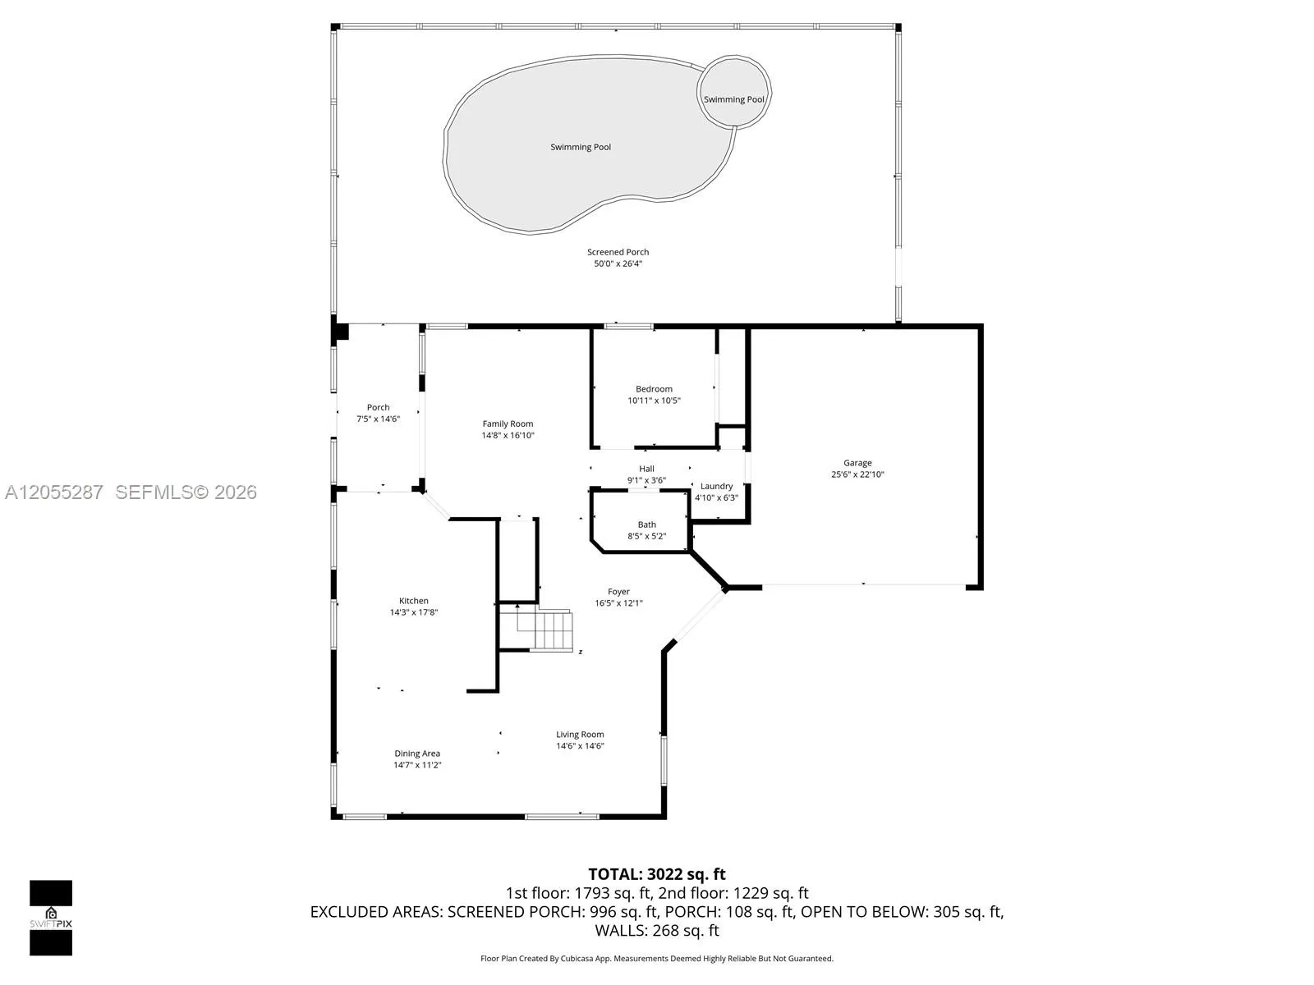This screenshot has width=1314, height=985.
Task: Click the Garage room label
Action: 857,463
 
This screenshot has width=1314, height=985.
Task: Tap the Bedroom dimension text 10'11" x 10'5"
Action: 654,401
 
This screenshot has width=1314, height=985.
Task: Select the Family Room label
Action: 508,424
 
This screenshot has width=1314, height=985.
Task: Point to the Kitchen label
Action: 414,601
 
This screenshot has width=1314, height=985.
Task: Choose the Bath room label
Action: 646,525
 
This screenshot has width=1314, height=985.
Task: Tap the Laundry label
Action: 717,486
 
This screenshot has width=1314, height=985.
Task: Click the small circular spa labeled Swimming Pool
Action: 734,92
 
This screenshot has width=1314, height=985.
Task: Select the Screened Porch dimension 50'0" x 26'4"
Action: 618,263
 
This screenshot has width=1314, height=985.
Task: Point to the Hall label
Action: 646,469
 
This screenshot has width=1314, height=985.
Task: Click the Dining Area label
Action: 417,754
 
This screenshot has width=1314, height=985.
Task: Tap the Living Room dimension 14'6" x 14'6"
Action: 580,746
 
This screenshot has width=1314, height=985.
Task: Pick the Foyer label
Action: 618,592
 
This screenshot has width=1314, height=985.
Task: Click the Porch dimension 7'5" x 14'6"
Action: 379,419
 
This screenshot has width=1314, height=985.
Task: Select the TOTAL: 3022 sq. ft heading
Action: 657,874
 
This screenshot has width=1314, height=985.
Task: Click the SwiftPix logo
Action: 51,918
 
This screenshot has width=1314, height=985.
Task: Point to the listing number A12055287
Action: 54,492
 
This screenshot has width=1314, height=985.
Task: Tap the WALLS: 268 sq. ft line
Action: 657,931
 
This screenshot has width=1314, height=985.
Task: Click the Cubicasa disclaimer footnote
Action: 657,959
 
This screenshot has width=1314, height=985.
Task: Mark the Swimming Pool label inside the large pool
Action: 581,147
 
